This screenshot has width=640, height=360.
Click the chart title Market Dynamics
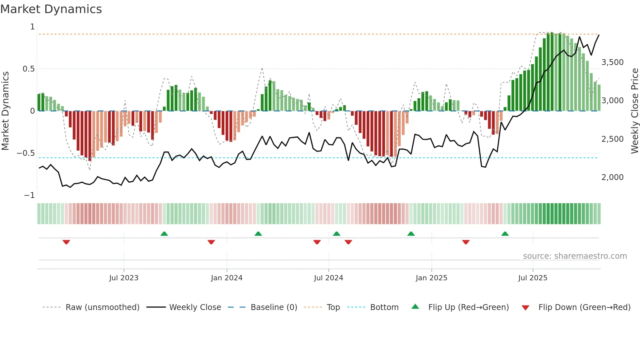click(x=51, y=9)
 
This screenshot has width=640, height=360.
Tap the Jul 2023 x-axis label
click(x=124, y=278)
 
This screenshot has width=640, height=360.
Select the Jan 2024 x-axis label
click(x=227, y=278)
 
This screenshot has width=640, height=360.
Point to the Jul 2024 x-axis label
click(x=328, y=278)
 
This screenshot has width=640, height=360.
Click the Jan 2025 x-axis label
click(x=431, y=278)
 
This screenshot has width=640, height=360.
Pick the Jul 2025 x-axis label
click(x=533, y=278)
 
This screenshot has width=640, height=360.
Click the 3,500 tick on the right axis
click(x=612, y=62)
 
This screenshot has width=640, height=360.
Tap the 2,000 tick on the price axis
click(x=612, y=177)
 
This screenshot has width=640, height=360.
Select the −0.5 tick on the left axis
click(x=26, y=153)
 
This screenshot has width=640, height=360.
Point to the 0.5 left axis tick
click(x=28, y=69)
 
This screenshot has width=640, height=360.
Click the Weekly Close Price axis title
click(x=634, y=111)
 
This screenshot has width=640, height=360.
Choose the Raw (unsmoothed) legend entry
click(x=103, y=307)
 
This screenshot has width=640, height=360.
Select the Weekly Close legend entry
click(x=195, y=307)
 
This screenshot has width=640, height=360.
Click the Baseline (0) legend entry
click(x=274, y=307)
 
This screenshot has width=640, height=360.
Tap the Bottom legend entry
click(x=384, y=307)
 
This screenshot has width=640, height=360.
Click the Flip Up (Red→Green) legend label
click(x=468, y=307)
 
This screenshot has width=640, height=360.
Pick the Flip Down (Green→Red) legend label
click(x=584, y=307)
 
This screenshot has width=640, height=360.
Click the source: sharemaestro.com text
click(x=575, y=256)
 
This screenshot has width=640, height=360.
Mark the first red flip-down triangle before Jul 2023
click(x=66, y=242)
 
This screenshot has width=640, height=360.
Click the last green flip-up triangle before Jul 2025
click(x=505, y=234)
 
